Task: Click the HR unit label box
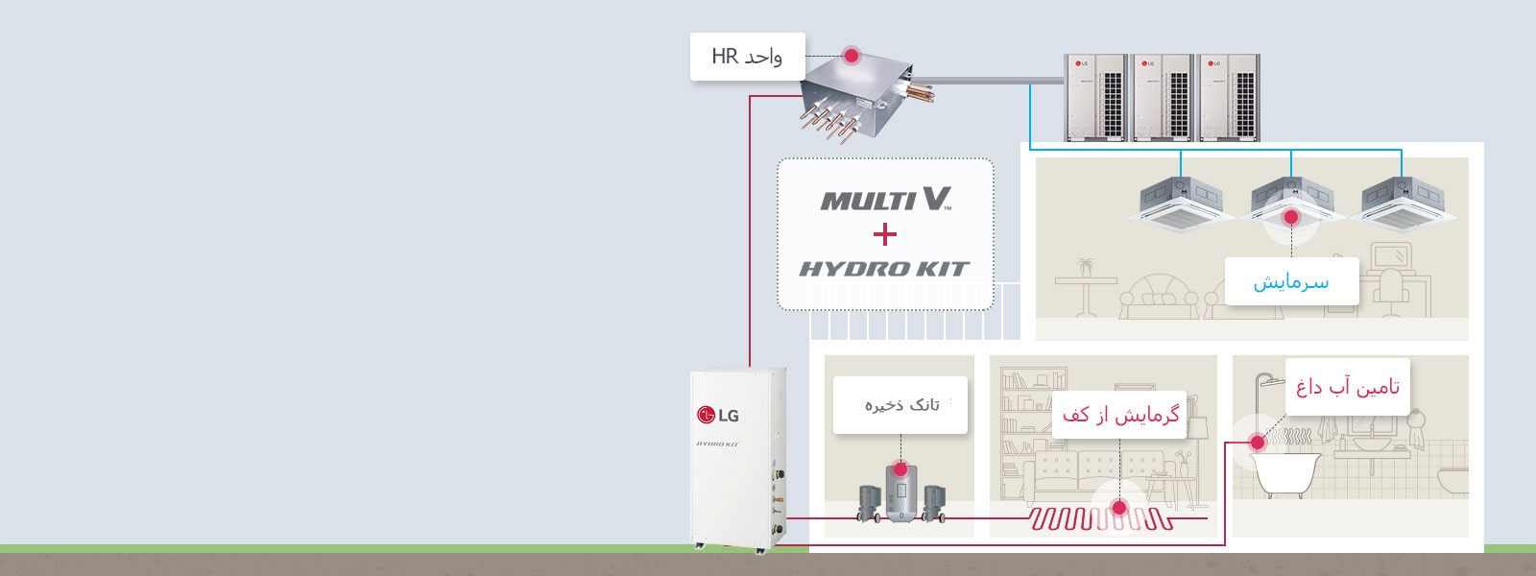(747, 57)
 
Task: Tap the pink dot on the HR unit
(851, 56)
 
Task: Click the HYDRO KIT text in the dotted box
(884, 269)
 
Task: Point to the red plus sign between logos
(885, 234)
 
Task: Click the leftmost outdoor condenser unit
(1095, 97)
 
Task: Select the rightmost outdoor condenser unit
(1227, 97)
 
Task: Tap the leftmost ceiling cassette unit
(1180, 204)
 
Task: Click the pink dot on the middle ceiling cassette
(1291, 218)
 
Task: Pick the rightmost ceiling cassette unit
(1403, 204)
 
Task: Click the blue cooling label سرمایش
(1291, 282)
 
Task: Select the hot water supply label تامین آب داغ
(1347, 387)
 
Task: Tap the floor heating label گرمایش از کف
(1119, 416)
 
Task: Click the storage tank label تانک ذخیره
(900, 405)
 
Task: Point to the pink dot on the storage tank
(900, 469)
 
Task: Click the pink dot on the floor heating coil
(1118, 508)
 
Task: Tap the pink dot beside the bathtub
(1256, 443)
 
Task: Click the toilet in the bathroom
(1451, 477)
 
